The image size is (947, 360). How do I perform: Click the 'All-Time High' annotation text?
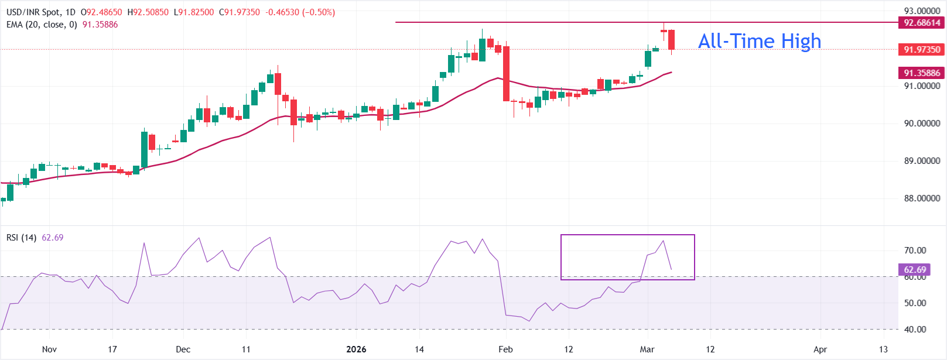pos(760,41)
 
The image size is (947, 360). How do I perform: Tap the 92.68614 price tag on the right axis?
pos(922,23)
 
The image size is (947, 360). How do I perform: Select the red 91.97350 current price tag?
pos(922,50)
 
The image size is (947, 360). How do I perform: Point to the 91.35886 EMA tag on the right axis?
pos(922,73)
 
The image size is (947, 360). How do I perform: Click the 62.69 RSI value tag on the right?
pos(915,270)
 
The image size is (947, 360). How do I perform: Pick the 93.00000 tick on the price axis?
pos(922,11)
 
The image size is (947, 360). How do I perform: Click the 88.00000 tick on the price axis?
pos(922,198)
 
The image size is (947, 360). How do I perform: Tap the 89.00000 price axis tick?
pos(922,161)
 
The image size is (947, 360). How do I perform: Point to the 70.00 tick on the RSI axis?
pos(915,251)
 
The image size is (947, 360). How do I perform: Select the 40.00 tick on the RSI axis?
pos(915,330)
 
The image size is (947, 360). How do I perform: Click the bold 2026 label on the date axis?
pos(356,349)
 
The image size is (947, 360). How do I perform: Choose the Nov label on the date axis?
pos(49,349)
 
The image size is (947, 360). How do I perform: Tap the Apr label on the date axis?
pos(820,349)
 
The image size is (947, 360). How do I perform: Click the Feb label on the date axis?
pos(505,349)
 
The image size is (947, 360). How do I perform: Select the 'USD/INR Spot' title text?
pos(33,12)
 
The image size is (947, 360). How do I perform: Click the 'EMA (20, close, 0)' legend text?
pos(42,25)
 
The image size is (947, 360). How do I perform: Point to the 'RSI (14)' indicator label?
pos(21,238)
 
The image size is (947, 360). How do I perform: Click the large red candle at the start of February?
pos(506,74)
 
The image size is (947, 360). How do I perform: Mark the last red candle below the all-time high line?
pos(672,40)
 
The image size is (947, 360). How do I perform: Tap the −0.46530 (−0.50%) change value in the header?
pos(300,12)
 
